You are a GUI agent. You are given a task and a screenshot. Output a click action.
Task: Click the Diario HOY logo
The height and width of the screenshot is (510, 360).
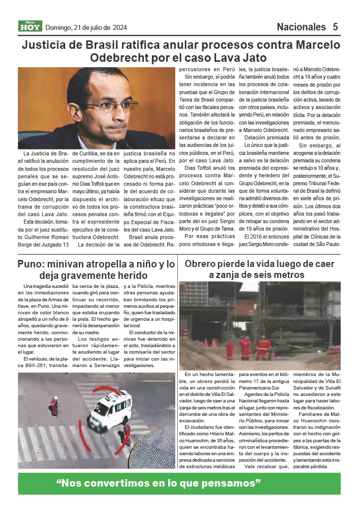[30, 26]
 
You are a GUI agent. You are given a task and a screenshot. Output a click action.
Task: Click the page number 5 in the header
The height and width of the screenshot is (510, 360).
[336, 27]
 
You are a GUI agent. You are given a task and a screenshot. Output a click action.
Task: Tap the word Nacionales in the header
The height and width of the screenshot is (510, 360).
[301, 27]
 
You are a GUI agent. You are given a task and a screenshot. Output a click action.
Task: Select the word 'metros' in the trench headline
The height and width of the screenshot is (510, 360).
[288, 275]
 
